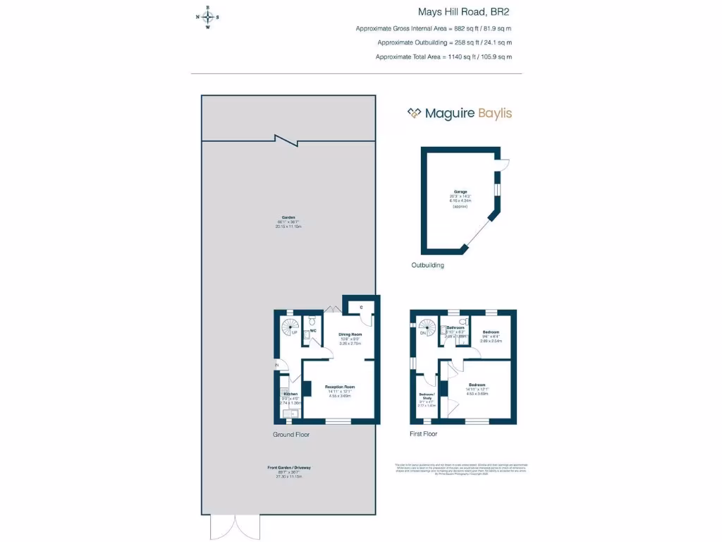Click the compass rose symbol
click(x=207, y=18)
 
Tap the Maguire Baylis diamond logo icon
click(x=414, y=113)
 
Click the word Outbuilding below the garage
click(x=427, y=265)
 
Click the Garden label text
click(x=288, y=218)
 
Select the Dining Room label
click(x=350, y=335)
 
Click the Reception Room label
click(x=339, y=387)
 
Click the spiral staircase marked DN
click(x=427, y=327)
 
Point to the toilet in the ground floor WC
click(x=312, y=322)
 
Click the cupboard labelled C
click(x=360, y=307)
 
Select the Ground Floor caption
click(x=291, y=434)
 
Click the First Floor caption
click(x=423, y=433)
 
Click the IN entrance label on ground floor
click(x=277, y=365)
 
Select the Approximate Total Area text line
click(x=443, y=56)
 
